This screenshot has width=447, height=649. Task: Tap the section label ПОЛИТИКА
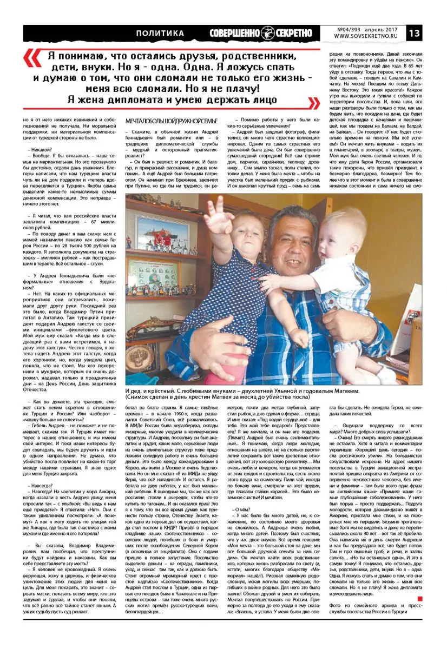pyautogui.click(x=161, y=34)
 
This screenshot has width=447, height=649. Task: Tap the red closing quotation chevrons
pyautogui.click(x=313, y=102)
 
